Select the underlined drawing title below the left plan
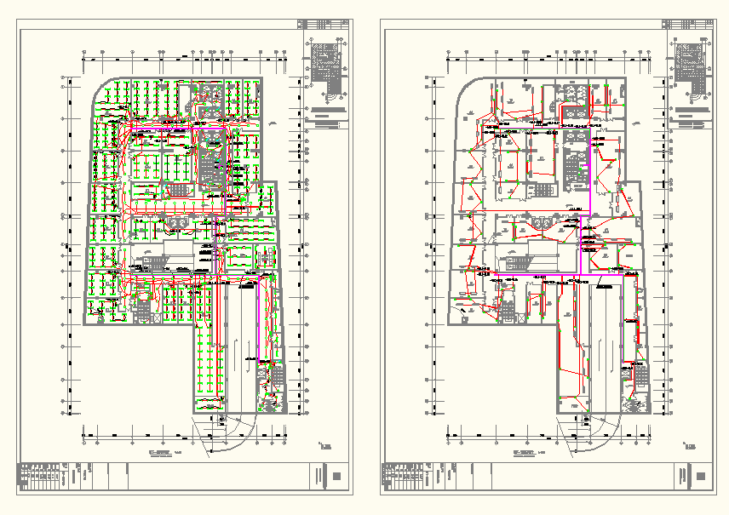pos(159,452)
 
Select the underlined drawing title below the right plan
pos(523,452)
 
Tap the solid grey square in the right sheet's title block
pos(700,476)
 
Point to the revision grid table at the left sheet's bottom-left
pos(43,476)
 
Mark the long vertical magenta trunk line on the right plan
pos(591,170)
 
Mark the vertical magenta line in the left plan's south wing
pos(216,255)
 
